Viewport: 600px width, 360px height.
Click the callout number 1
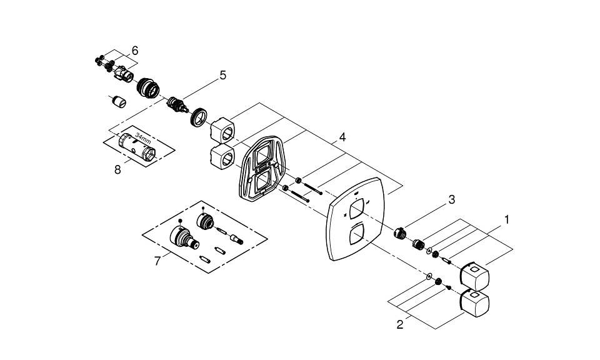point(507,220)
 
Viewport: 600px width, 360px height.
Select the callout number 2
point(400,324)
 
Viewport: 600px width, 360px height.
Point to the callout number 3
point(451,199)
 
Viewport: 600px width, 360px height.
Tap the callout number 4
point(342,136)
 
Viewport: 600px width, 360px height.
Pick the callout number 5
point(222,75)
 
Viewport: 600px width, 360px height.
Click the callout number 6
point(134,50)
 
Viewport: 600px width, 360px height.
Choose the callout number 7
point(157,260)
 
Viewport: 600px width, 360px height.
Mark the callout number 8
point(117,169)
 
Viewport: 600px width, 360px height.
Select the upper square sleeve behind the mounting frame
point(221,129)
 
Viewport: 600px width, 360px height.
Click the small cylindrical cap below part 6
point(119,101)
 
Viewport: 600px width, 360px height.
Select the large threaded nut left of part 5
point(149,87)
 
